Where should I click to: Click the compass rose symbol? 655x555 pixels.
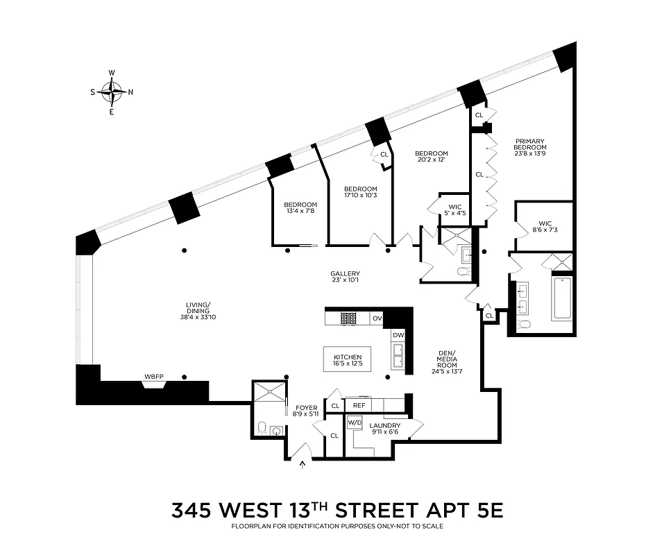point(112,91)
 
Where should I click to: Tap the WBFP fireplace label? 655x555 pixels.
point(153,377)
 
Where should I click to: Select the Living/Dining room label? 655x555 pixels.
point(198,309)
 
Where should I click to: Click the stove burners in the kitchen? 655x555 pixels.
point(348,318)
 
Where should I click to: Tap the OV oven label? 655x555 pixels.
point(377,318)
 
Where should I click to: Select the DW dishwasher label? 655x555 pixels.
point(398,336)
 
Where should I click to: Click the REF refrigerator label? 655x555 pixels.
point(359,406)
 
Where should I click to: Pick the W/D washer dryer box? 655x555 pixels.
point(355,422)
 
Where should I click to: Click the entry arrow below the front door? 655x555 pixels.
point(302,465)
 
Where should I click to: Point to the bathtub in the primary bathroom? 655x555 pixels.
point(563,297)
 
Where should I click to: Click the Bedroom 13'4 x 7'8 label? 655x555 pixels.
point(299,207)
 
